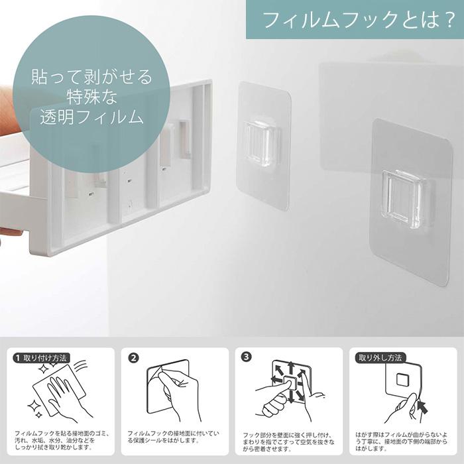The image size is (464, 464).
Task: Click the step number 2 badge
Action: click(134, 357)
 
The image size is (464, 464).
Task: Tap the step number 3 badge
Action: click(247, 357)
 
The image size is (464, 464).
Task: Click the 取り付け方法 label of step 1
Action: click(45, 357)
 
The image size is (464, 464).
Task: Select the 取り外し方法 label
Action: click(379, 357)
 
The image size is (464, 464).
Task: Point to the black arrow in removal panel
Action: click(420, 404)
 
